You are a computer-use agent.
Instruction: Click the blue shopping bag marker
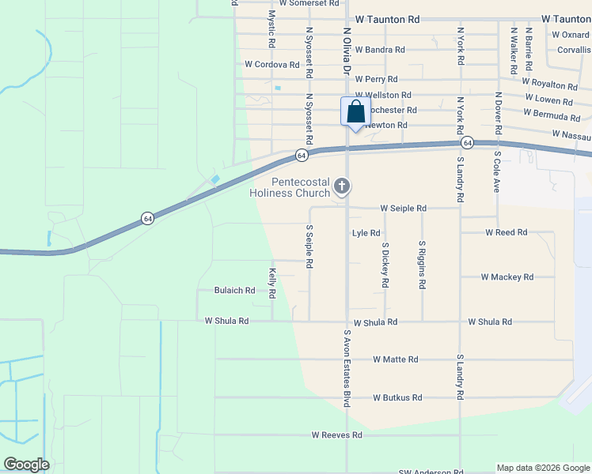(x=355, y=111)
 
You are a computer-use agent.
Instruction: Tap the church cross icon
(x=342, y=186)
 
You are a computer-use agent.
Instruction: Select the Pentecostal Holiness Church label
(x=290, y=187)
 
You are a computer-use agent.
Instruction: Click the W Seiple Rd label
(x=403, y=209)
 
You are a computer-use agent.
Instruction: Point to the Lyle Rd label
(x=366, y=233)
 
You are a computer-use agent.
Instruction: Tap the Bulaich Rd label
(x=234, y=291)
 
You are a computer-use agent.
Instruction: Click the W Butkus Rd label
(x=397, y=398)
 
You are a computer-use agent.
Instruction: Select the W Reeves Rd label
(x=336, y=435)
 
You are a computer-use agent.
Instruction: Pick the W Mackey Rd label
(x=507, y=277)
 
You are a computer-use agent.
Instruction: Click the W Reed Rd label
(x=506, y=233)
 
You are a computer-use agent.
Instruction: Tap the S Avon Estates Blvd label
(x=347, y=368)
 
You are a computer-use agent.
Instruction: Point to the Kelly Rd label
(x=271, y=283)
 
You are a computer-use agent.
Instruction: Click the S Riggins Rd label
(x=423, y=265)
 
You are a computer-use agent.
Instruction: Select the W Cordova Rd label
(x=272, y=65)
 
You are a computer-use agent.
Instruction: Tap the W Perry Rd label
(x=376, y=80)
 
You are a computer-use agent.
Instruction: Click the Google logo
(x=27, y=465)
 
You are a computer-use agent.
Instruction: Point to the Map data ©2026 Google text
(x=542, y=468)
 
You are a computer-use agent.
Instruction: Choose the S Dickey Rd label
(x=385, y=265)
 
